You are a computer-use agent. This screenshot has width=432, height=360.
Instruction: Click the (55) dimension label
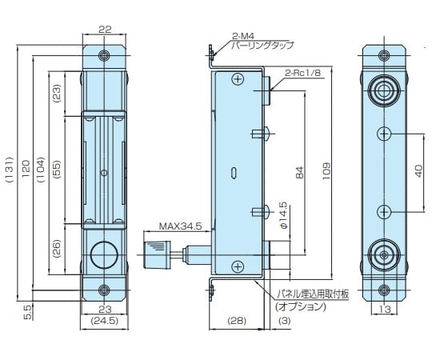coord(58,170)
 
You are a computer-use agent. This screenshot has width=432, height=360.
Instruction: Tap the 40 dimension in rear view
coord(418,170)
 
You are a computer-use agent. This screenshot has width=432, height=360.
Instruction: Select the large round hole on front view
coord(103,255)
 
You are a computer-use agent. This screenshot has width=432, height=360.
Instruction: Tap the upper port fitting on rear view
coord(385,88)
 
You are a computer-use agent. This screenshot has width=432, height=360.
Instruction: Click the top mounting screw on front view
coord(104,56)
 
